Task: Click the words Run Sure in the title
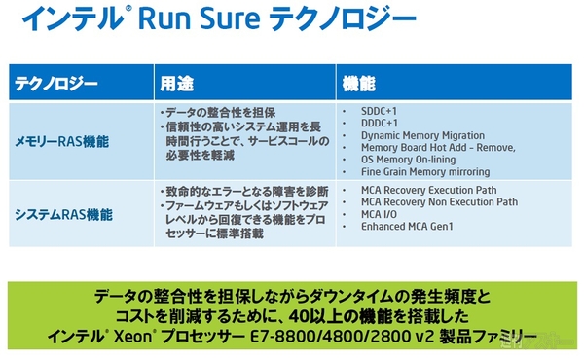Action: tap(211, 18)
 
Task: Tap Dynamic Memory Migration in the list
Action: tap(422, 135)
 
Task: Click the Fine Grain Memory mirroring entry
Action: tap(425, 172)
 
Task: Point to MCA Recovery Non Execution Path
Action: tap(439, 202)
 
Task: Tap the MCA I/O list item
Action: tap(380, 214)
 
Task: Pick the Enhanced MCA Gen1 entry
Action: tap(408, 227)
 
